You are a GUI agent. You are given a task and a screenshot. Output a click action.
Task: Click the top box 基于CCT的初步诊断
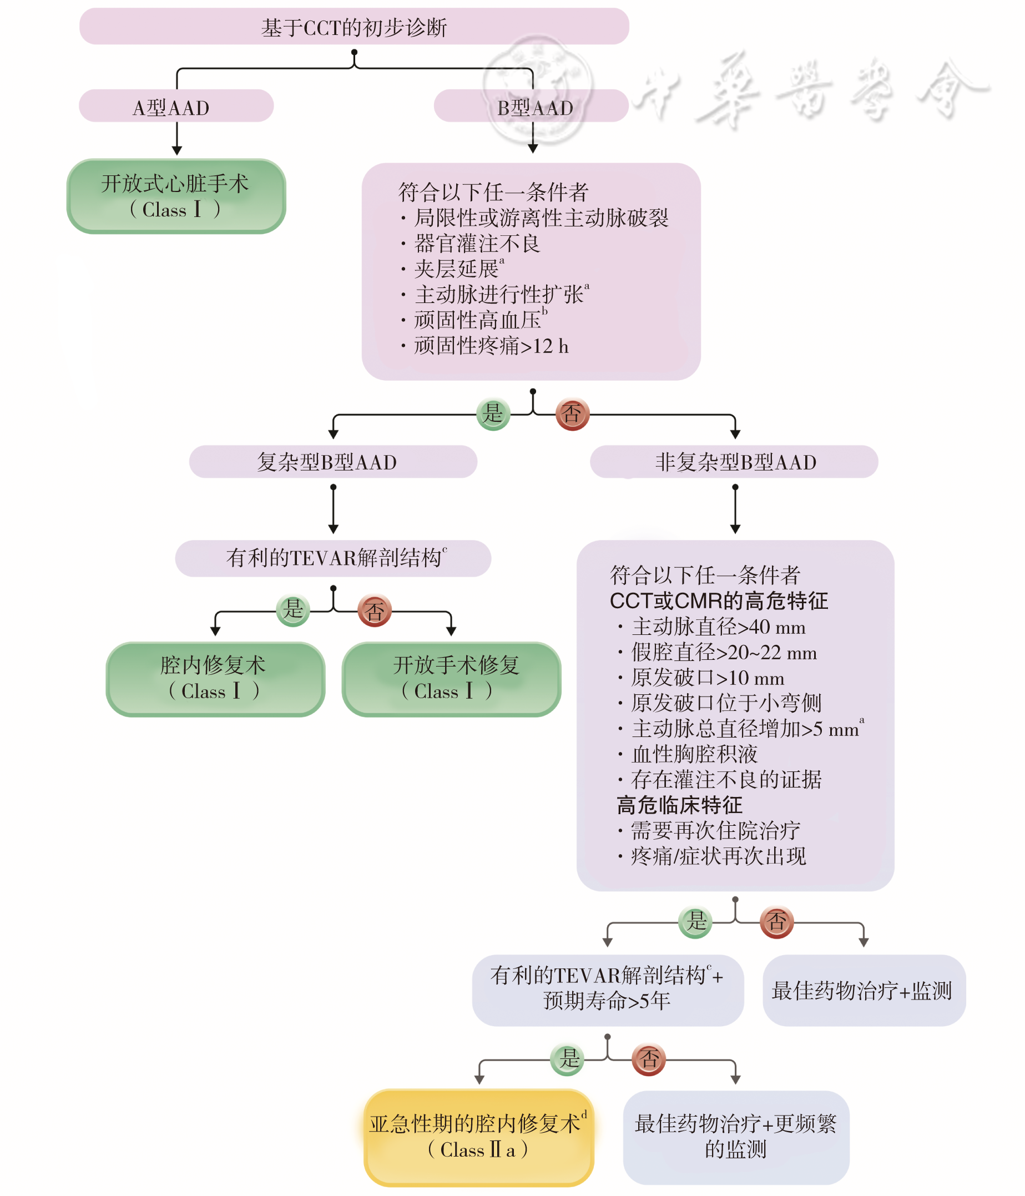354,27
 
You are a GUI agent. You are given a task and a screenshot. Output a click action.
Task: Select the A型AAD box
176,107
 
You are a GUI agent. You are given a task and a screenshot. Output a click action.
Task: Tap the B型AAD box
531,107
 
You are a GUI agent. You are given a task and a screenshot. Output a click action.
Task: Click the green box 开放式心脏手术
176,196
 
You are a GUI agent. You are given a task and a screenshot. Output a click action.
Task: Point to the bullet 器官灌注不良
477,244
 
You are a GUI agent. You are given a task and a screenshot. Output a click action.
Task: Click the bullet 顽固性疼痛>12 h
491,346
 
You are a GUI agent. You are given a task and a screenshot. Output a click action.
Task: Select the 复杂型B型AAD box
332,462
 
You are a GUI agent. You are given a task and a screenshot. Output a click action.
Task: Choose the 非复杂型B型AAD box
734,462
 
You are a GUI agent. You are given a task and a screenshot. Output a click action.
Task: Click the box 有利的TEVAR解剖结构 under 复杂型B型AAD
333,558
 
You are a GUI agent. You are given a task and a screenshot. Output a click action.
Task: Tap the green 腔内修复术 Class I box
215,678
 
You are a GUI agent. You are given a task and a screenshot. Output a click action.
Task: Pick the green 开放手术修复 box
451,678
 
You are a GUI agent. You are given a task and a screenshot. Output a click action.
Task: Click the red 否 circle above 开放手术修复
375,610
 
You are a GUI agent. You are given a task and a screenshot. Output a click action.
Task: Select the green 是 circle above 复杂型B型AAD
493,414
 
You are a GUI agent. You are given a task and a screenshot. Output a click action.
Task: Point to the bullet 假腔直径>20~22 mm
724,652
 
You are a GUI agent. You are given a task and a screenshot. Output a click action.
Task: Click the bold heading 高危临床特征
679,805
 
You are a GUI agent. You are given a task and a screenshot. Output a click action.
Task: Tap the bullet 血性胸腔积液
694,754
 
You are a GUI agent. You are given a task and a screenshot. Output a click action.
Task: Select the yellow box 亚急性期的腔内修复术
478,1136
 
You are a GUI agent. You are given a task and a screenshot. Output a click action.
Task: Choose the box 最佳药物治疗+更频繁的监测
736,1136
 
